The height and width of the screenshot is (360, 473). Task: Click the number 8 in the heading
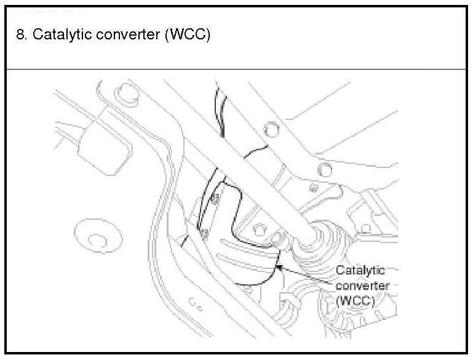click(20, 34)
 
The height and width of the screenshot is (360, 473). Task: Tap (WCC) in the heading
click(188, 34)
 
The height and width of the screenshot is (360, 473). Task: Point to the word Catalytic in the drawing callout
click(360, 270)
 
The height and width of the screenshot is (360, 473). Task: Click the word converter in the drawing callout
click(364, 286)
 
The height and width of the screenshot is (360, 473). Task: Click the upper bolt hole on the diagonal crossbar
click(268, 130)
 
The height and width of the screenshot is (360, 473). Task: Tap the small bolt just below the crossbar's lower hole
click(313, 187)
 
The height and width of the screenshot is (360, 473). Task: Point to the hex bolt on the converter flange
click(259, 228)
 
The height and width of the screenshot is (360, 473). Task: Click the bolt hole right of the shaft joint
click(367, 229)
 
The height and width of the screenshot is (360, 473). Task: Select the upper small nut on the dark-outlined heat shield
click(216, 198)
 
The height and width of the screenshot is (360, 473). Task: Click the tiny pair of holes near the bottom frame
click(197, 302)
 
